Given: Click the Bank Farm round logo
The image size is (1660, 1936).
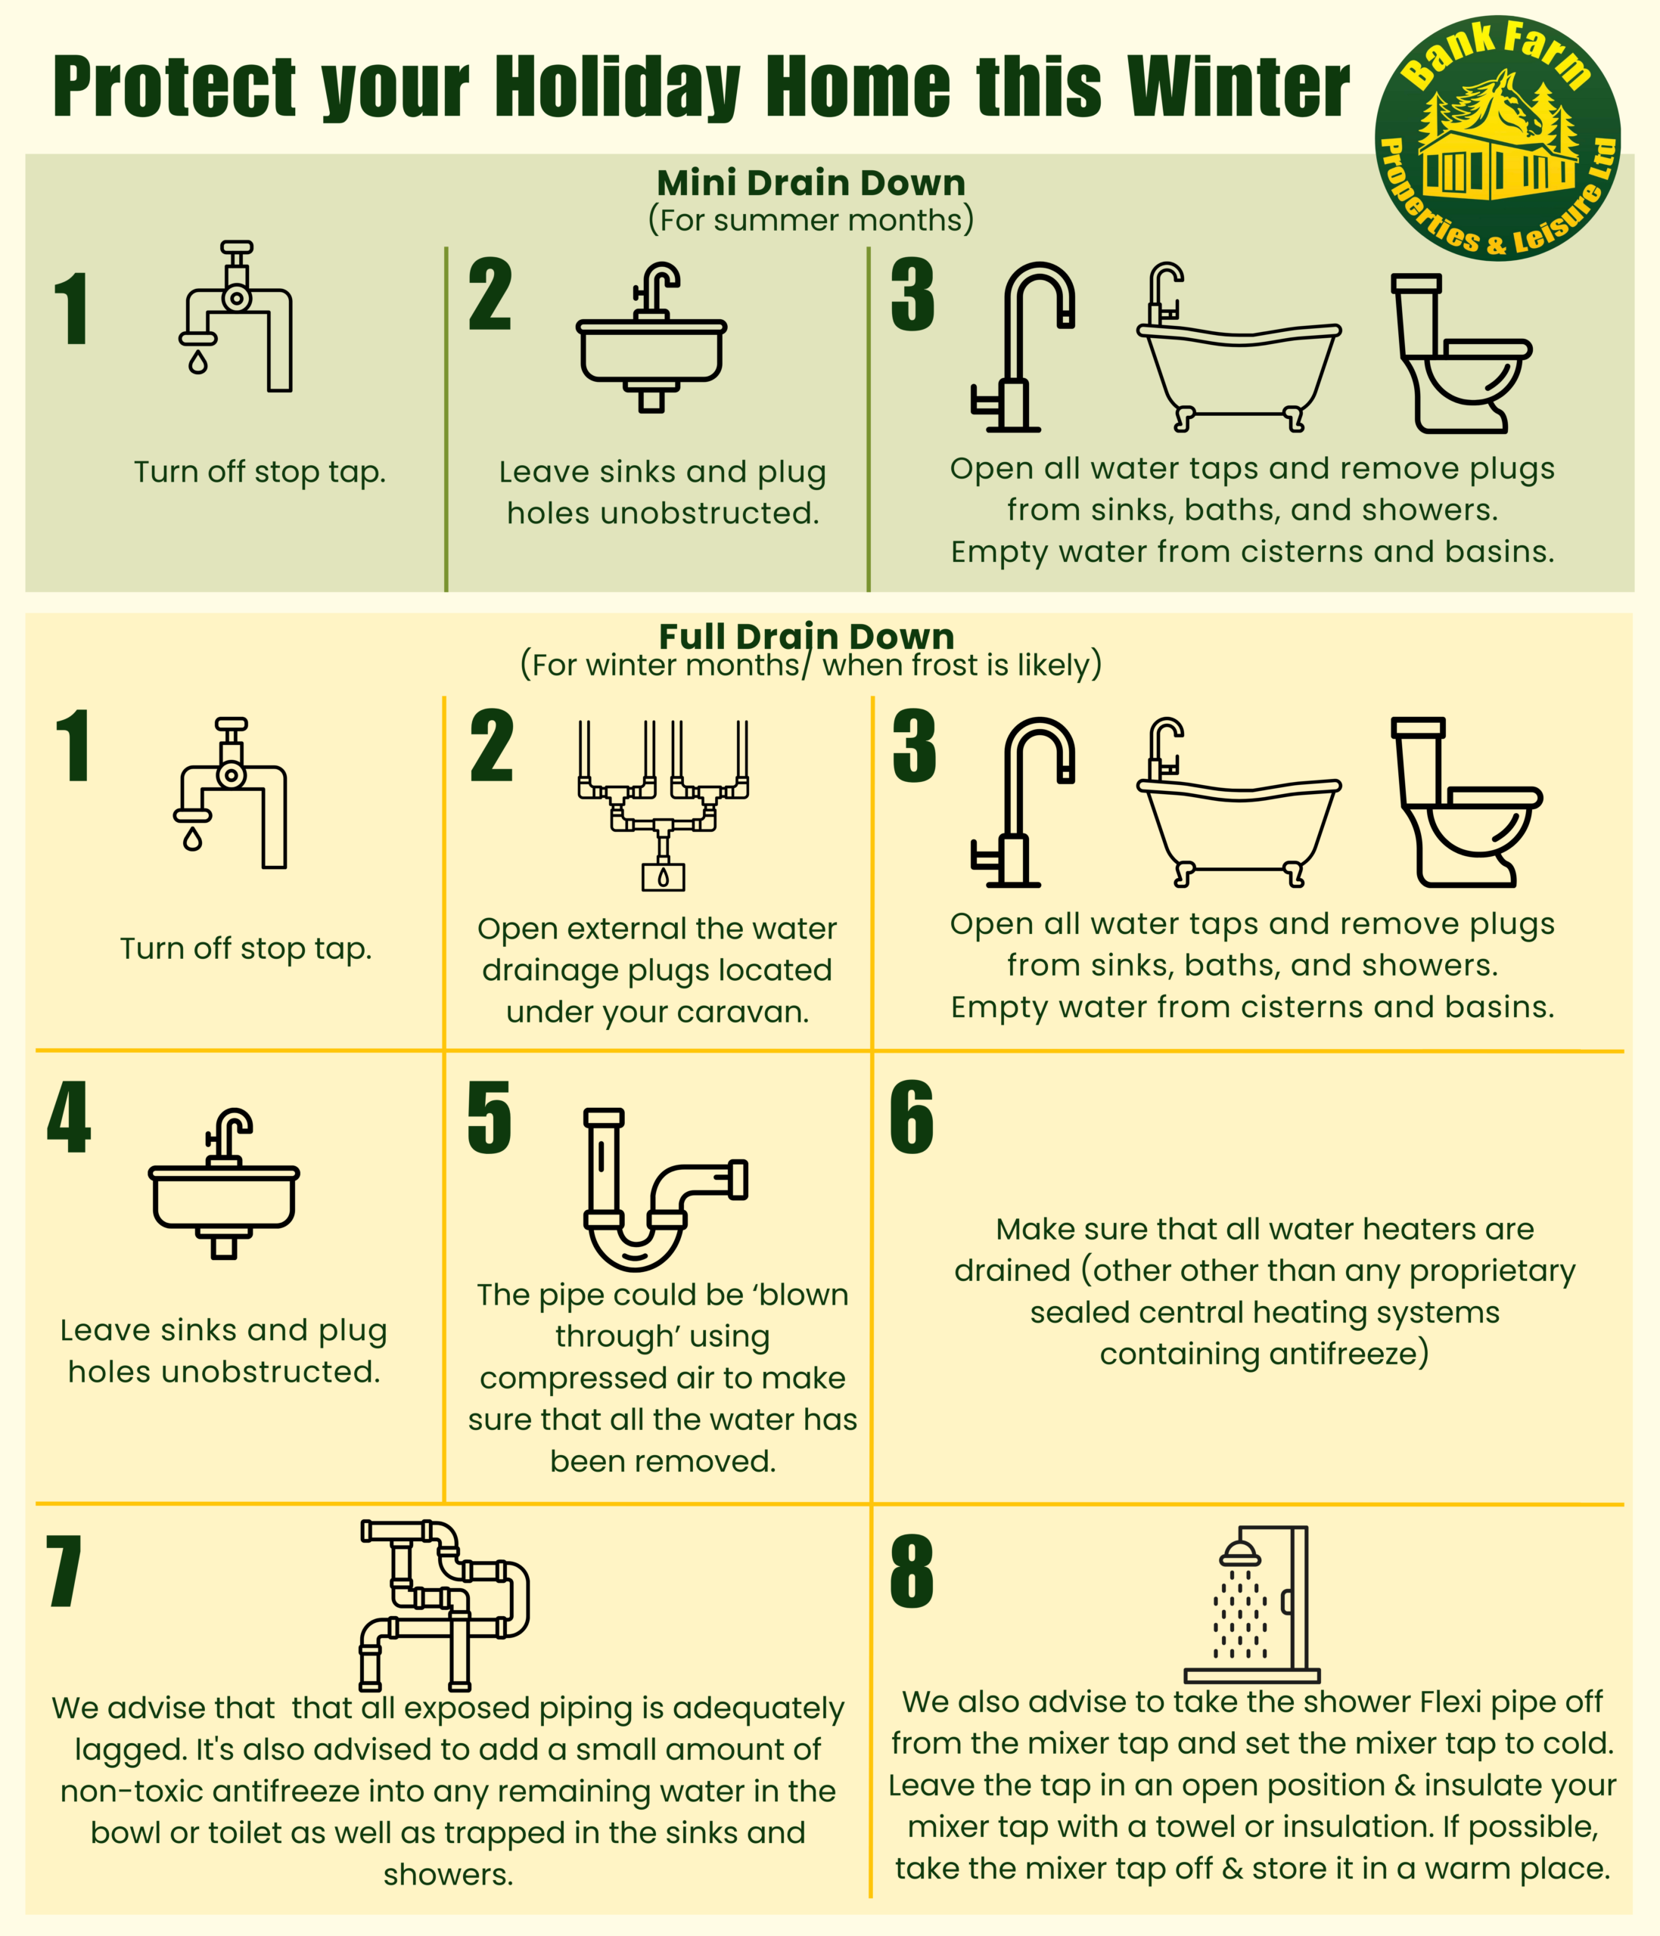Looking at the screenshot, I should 1497,138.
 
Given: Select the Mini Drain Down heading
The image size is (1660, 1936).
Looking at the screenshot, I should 810,182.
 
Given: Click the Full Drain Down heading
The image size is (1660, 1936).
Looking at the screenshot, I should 807,636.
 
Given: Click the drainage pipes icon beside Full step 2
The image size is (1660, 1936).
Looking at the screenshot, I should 663,804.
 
